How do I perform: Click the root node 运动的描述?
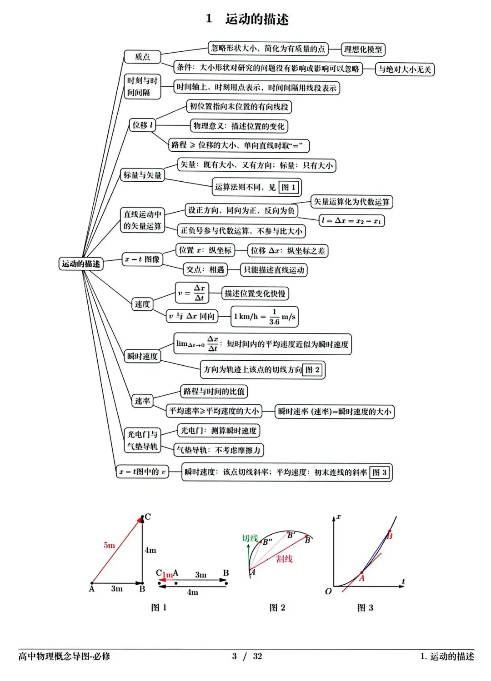click(81, 263)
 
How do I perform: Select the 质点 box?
click(142, 57)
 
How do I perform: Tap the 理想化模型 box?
click(363, 49)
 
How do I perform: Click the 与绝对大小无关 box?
click(405, 70)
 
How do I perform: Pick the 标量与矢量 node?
click(142, 175)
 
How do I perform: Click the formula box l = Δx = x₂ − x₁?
click(351, 221)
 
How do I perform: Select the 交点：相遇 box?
click(205, 270)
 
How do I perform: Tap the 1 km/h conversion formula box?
click(265, 317)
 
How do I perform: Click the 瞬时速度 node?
click(142, 356)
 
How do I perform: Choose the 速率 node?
click(142, 401)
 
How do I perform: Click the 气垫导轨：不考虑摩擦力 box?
click(219, 450)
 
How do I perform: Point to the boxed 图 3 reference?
click(380, 472)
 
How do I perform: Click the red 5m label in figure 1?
click(109, 545)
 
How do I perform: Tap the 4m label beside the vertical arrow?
click(150, 550)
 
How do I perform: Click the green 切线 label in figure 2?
click(250, 538)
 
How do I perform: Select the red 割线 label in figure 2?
click(284, 559)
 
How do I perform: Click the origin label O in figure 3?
click(328, 592)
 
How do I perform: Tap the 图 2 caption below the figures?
click(277, 608)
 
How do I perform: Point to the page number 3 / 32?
click(247, 656)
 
